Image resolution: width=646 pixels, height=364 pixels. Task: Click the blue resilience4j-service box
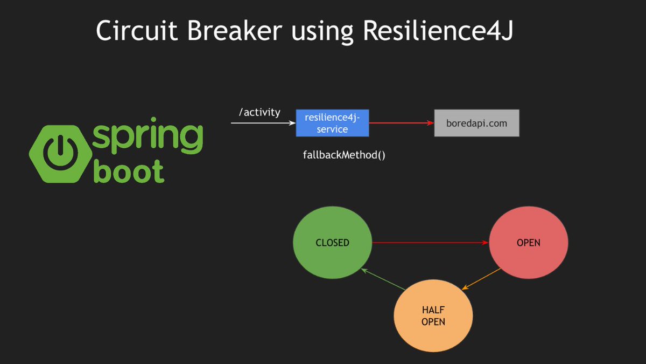332,123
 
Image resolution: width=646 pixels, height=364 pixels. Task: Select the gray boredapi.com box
476,123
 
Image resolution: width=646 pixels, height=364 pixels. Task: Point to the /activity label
259,112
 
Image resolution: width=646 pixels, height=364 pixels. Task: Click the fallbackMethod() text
345,155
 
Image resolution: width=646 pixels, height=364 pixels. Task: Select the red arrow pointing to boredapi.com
401,123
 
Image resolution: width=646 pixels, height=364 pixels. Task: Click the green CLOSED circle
332,243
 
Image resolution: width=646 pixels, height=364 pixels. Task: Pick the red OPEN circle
528,243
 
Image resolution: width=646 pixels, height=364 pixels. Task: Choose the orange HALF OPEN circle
433,316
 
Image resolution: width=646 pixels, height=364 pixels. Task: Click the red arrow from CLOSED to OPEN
430,243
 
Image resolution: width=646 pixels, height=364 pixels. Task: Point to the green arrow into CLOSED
383,279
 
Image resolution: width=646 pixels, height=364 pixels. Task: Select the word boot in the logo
129,171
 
